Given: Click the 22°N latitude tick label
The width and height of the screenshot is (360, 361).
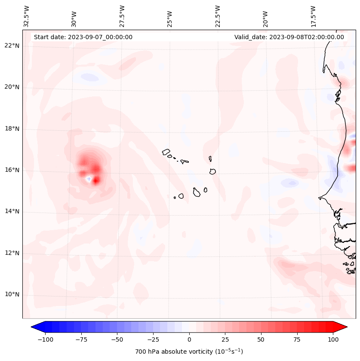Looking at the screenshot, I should pos(12,46).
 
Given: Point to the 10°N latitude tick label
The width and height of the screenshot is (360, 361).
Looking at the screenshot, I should pos(12,294).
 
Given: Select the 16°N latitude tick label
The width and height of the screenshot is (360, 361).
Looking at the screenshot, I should pos(12,170).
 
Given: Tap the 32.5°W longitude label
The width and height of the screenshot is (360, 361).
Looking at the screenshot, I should pos(27,16).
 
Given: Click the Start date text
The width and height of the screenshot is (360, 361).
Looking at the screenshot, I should pos(83,37).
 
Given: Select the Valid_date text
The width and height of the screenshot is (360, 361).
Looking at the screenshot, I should pos(289,37).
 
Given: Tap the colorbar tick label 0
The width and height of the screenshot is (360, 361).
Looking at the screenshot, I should pos(189,339).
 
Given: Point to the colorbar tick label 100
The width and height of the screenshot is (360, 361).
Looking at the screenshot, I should pos(333,339).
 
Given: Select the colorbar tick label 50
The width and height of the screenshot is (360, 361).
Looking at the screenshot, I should pos(261,339).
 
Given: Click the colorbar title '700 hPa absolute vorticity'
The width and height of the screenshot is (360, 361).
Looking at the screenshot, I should pos(189,352).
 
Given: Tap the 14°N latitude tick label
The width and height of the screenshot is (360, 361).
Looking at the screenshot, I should pos(12,211).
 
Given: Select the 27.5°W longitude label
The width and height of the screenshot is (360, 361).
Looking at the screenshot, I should pos(122,16).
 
